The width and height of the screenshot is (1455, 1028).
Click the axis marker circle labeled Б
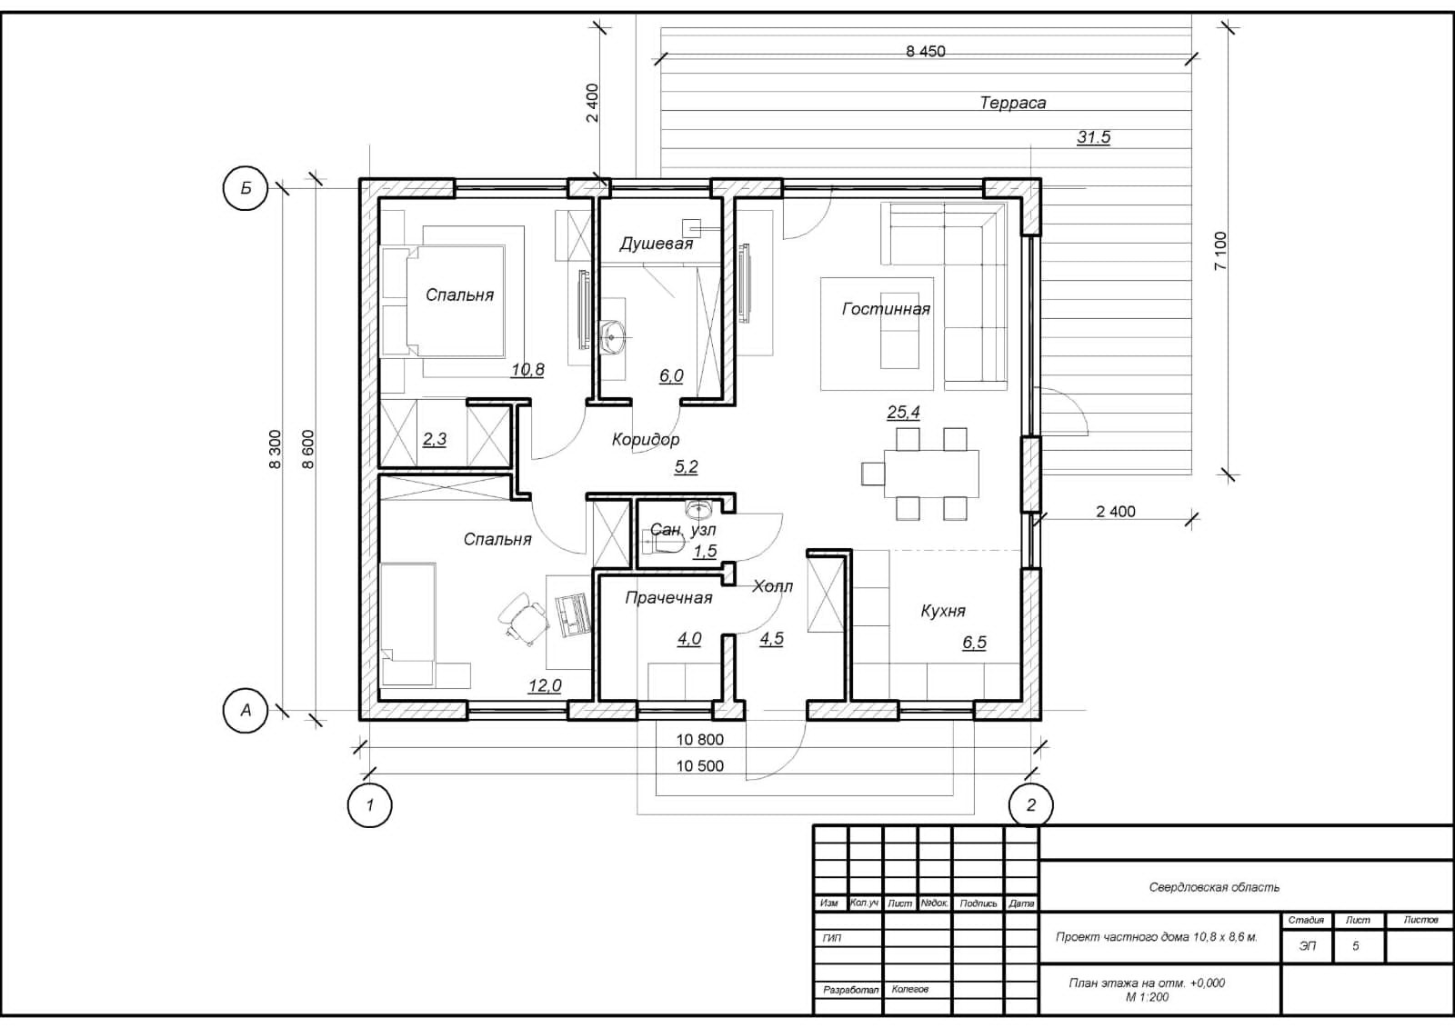point(246,188)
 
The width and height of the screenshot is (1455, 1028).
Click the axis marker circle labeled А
point(246,710)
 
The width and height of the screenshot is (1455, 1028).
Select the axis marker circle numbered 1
point(370,804)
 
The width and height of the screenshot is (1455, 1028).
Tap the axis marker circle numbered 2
point(1031,804)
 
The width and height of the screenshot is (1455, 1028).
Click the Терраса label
point(1012,103)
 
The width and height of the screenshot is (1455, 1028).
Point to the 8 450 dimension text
point(925,52)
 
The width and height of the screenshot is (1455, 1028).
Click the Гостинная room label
point(886,309)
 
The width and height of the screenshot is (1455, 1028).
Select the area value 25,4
point(903,412)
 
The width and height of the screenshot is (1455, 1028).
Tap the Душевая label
point(656,244)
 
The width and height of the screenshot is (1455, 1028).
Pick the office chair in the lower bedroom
point(525,619)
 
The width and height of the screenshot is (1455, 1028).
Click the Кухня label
point(943,611)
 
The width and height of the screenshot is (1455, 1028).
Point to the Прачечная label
point(668,597)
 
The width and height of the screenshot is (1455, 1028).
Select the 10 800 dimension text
point(699,740)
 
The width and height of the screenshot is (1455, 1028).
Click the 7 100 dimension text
point(1220,250)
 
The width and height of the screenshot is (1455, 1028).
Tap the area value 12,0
point(545,685)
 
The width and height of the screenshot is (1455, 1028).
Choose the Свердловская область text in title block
point(1214,887)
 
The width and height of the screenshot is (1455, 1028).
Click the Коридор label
point(645,440)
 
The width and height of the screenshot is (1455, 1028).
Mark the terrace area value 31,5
point(1093,137)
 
